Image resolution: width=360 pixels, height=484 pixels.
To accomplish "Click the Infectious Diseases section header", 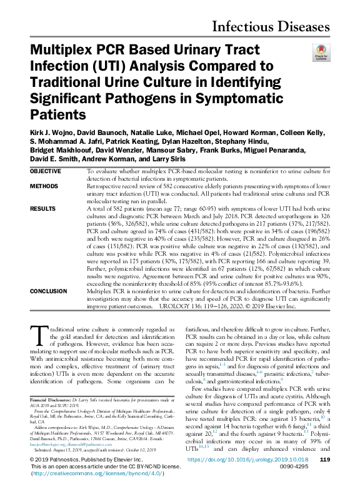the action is pyautogui.click(x=271, y=26).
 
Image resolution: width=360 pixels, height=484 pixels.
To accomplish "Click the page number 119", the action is pyautogui.click(x=324, y=459).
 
